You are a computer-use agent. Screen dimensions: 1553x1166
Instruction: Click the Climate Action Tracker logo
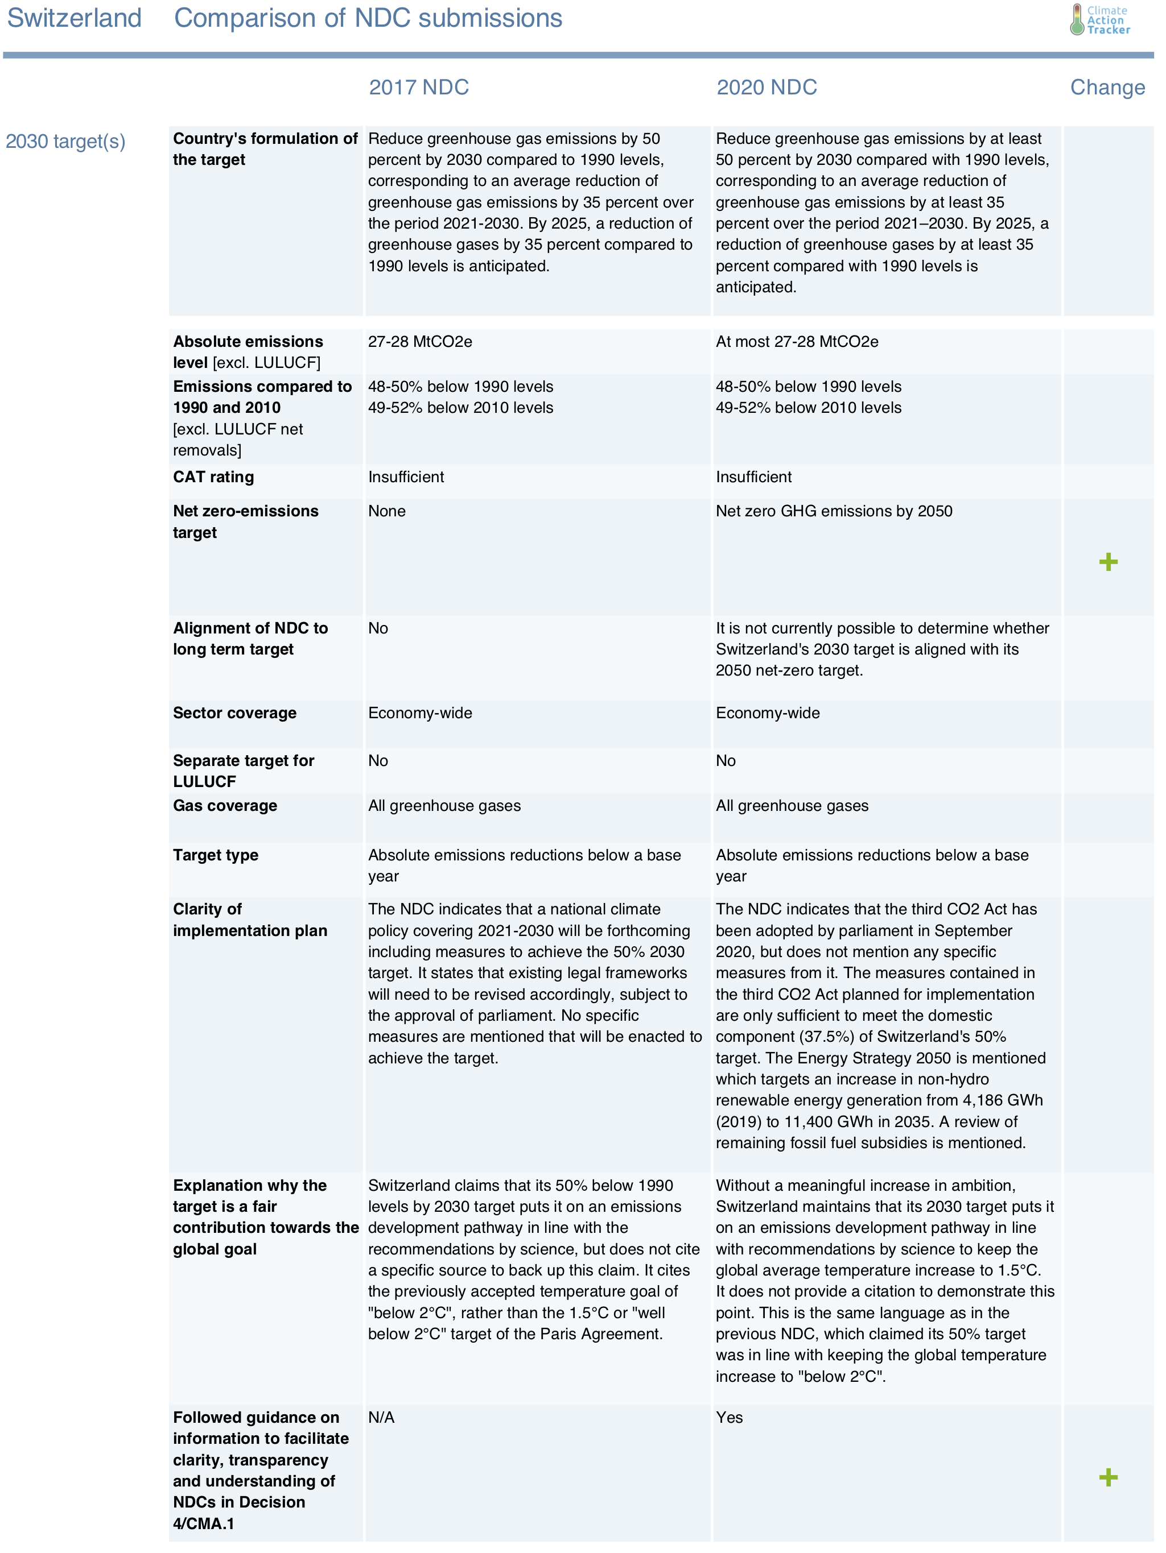pyautogui.click(x=1100, y=20)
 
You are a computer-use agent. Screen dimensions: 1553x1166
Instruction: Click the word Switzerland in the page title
pyautogui.click(x=75, y=18)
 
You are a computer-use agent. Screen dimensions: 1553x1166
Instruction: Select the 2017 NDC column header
pyautogui.click(x=419, y=87)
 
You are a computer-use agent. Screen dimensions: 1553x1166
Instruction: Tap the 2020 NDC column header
pyautogui.click(x=767, y=87)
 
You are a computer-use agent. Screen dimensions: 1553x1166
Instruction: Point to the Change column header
pyautogui.click(x=1107, y=87)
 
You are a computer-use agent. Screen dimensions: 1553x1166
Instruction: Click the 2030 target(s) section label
pyautogui.click(x=65, y=141)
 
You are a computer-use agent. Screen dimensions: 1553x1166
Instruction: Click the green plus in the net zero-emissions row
pyautogui.click(x=1108, y=562)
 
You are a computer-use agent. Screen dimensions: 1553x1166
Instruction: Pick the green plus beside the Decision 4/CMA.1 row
pyautogui.click(x=1108, y=1477)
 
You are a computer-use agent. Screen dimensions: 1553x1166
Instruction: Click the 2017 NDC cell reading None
pyautogui.click(x=386, y=511)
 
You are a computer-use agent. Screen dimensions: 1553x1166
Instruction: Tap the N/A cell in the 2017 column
pyautogui.click(x=381, y=1418)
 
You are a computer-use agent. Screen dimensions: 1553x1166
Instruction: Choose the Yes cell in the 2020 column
pyautogui.click(x=729, y=1418)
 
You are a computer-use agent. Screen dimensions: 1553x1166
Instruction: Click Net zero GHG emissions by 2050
pyautogui.click(x=834, y=511)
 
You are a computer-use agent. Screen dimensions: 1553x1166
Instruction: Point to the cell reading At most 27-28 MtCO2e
pyautogui.click(x=797, y=342)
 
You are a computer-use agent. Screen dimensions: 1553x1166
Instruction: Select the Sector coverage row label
pyautogui.click(x=234, y=713)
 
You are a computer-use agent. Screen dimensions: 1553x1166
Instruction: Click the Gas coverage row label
pyautogui.click(x=225, y=805)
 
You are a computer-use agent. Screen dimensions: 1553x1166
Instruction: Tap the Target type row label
pyautogui.click(x=216, y=855)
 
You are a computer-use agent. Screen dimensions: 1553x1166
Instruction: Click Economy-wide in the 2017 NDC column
pyautogui.click(x=420, y=713)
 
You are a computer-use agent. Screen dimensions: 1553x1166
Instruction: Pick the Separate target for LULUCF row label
pyautogui.click(x=243, y=771)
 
